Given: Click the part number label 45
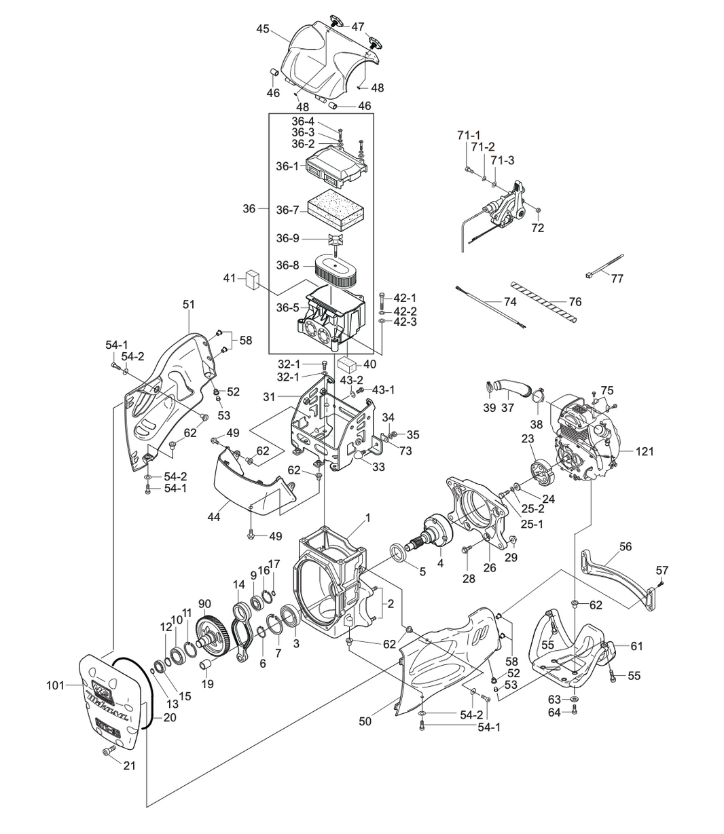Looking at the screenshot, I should pos(263,29).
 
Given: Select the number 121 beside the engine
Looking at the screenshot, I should pos(645,451).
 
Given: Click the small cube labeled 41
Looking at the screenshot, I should pos(253,278).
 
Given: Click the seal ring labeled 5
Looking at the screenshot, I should pos(399,552).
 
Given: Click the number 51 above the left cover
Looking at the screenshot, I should pos(188,305).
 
